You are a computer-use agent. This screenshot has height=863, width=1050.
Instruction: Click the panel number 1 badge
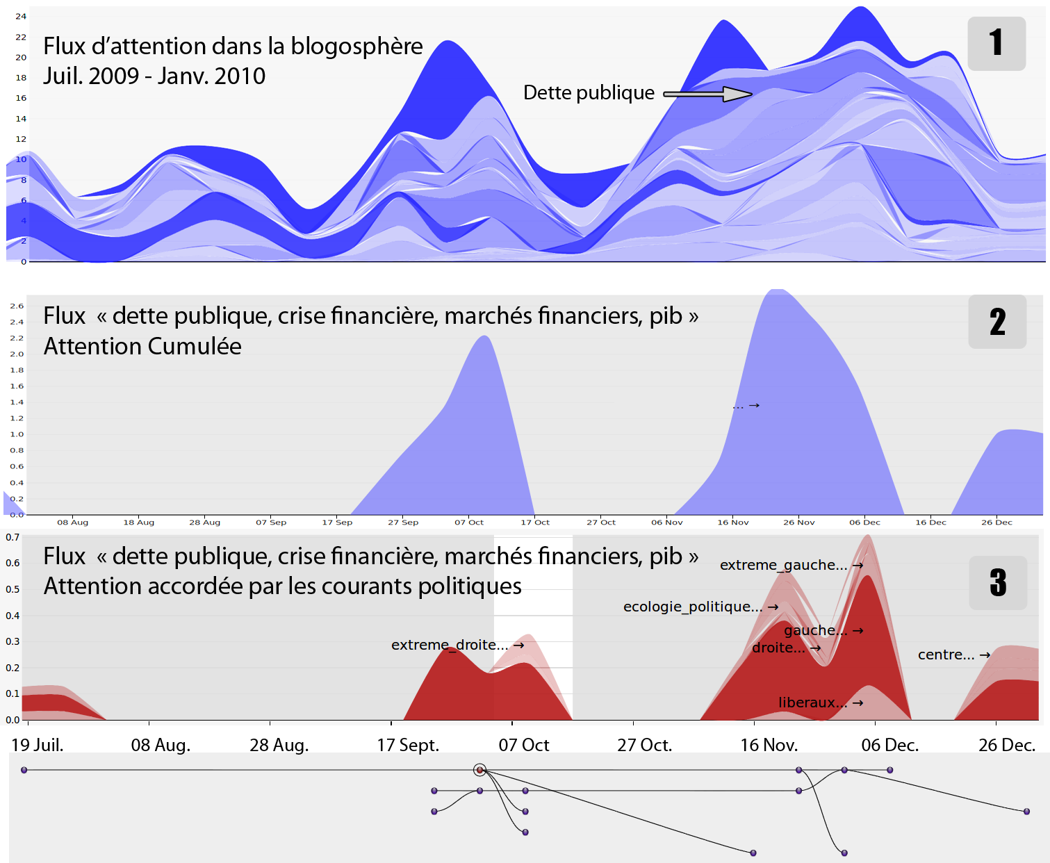[x=996, y=43]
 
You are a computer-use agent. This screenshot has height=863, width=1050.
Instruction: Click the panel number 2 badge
[x=997, y=322]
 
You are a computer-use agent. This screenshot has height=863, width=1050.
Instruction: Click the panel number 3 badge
[x=998, y=582]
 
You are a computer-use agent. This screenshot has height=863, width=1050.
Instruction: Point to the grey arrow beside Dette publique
[x=707, y=94]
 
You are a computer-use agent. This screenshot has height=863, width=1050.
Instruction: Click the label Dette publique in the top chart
[x=589, y=93]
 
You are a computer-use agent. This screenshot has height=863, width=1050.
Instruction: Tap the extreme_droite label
[x=450, y=645]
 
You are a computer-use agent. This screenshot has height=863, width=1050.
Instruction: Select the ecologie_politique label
[x=692, y=607]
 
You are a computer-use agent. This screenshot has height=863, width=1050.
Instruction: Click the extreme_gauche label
[x=783, y=565]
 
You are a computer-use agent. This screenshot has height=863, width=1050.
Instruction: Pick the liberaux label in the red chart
[x=812, y=702]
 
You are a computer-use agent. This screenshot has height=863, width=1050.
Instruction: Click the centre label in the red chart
[x=946, y=655]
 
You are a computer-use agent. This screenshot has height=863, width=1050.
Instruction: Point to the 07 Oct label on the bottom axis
[x=524, y=746]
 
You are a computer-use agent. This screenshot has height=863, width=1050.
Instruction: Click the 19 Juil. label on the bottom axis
[x=38, y=746]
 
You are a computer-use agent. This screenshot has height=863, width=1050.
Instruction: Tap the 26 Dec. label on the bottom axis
[x=1007, y=746]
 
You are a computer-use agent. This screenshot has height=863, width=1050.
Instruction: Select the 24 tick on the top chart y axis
[x=21, y=16]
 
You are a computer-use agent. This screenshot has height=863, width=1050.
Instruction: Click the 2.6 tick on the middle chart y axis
[x=17, y=306]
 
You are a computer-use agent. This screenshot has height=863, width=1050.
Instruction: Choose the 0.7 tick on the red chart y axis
[x=13, y=537]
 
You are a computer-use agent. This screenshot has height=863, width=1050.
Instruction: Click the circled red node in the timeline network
[x=479, y=770]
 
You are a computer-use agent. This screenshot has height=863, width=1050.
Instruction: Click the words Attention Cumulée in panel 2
[x=142, y=346]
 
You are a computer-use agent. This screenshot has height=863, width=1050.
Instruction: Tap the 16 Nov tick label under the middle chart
[x=733, y=523]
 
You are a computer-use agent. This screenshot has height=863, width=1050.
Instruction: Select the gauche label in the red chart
[x=815, y=630]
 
